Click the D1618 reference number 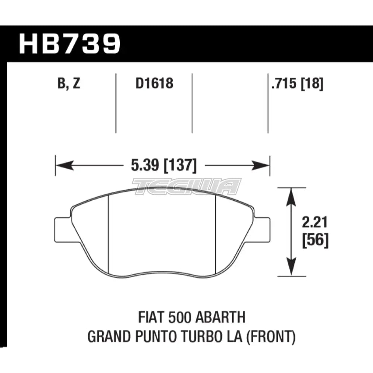(x=154, y=84)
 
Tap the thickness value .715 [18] (x=297, y=84)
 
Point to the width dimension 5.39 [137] (x=163, y=165)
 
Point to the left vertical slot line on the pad (x=108, y=235)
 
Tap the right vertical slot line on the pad (x=217, y=235)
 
